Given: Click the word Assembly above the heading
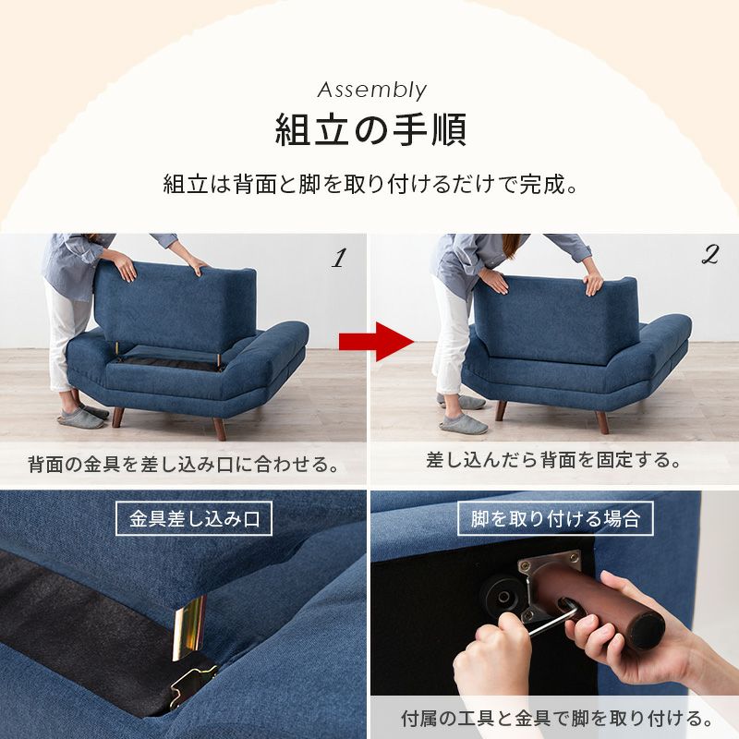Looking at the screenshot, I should tap(371, 90).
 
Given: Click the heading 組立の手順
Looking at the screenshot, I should tap(370, 130).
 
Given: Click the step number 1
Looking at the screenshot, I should tap(338, 259).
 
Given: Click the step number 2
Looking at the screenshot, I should tap(709, 257).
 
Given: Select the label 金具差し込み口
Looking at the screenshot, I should tap(194, 518).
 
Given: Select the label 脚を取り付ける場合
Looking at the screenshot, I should tap(555, 518).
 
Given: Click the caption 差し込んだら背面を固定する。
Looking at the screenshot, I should tap(554, 459).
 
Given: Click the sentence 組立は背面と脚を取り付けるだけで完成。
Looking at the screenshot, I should tap(370, 182).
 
